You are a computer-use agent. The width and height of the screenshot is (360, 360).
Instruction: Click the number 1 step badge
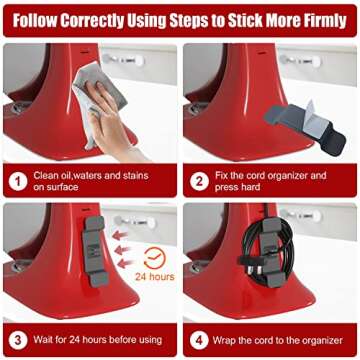[x=17, y=181]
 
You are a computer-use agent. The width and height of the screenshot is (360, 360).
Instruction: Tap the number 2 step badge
[x=199, y=181]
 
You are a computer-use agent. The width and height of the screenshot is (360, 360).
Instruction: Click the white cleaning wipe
[x=99, y=95]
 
